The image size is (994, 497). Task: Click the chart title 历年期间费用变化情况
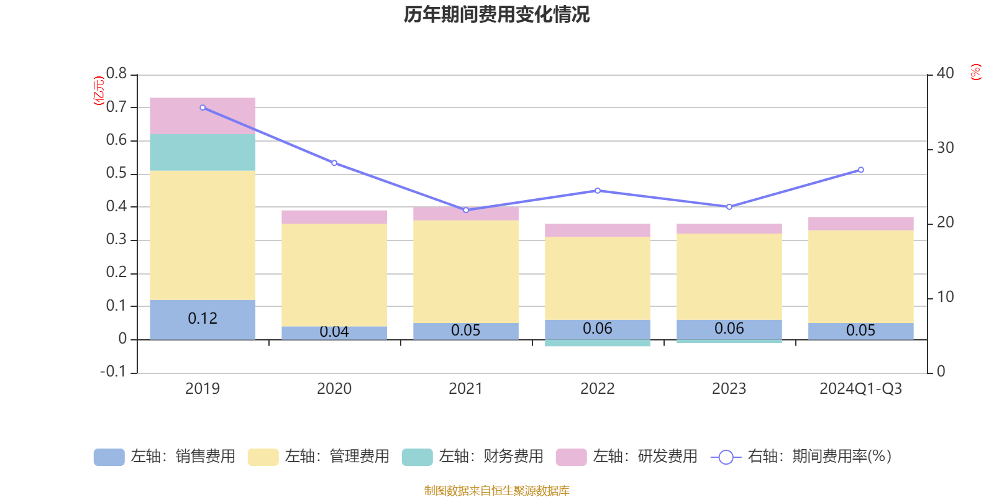coord(496,14)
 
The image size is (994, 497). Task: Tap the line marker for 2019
coord(203,107)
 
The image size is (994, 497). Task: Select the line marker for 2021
coord(466,210)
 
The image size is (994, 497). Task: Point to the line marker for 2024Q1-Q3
coord(860,170)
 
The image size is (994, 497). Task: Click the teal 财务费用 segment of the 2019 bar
coord(203,152)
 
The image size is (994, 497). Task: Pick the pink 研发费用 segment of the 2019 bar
coord(203,116)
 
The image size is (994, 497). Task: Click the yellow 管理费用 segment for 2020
coord(334,275)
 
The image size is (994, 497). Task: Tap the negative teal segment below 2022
coord(598,343)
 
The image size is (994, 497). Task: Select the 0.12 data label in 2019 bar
coord(203,319)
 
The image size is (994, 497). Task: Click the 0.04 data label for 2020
coord(334,332)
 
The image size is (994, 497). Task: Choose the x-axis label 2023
coord(729,389)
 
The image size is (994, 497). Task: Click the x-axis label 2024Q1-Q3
coord(860,389)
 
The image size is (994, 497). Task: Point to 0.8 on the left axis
coord(116,74)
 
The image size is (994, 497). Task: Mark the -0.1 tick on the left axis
coord(113,372)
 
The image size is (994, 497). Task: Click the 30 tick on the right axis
coord(945,148)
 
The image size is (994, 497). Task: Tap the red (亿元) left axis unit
coord(98,91)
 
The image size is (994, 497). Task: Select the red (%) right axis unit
coord(975,72)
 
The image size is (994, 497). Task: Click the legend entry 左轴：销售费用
coord(165,457)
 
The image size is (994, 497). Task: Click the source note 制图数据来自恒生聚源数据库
coord(496,491)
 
